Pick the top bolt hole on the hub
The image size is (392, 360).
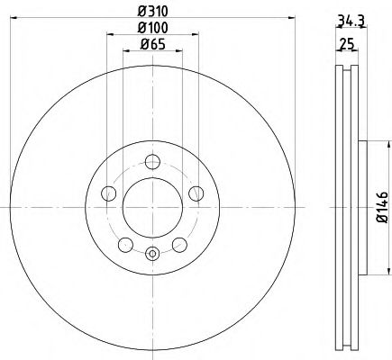152,162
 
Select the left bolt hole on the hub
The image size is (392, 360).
109,193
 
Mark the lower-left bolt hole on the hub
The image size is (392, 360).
125,244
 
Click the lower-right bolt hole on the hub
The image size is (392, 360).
178,244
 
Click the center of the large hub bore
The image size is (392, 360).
152,207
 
